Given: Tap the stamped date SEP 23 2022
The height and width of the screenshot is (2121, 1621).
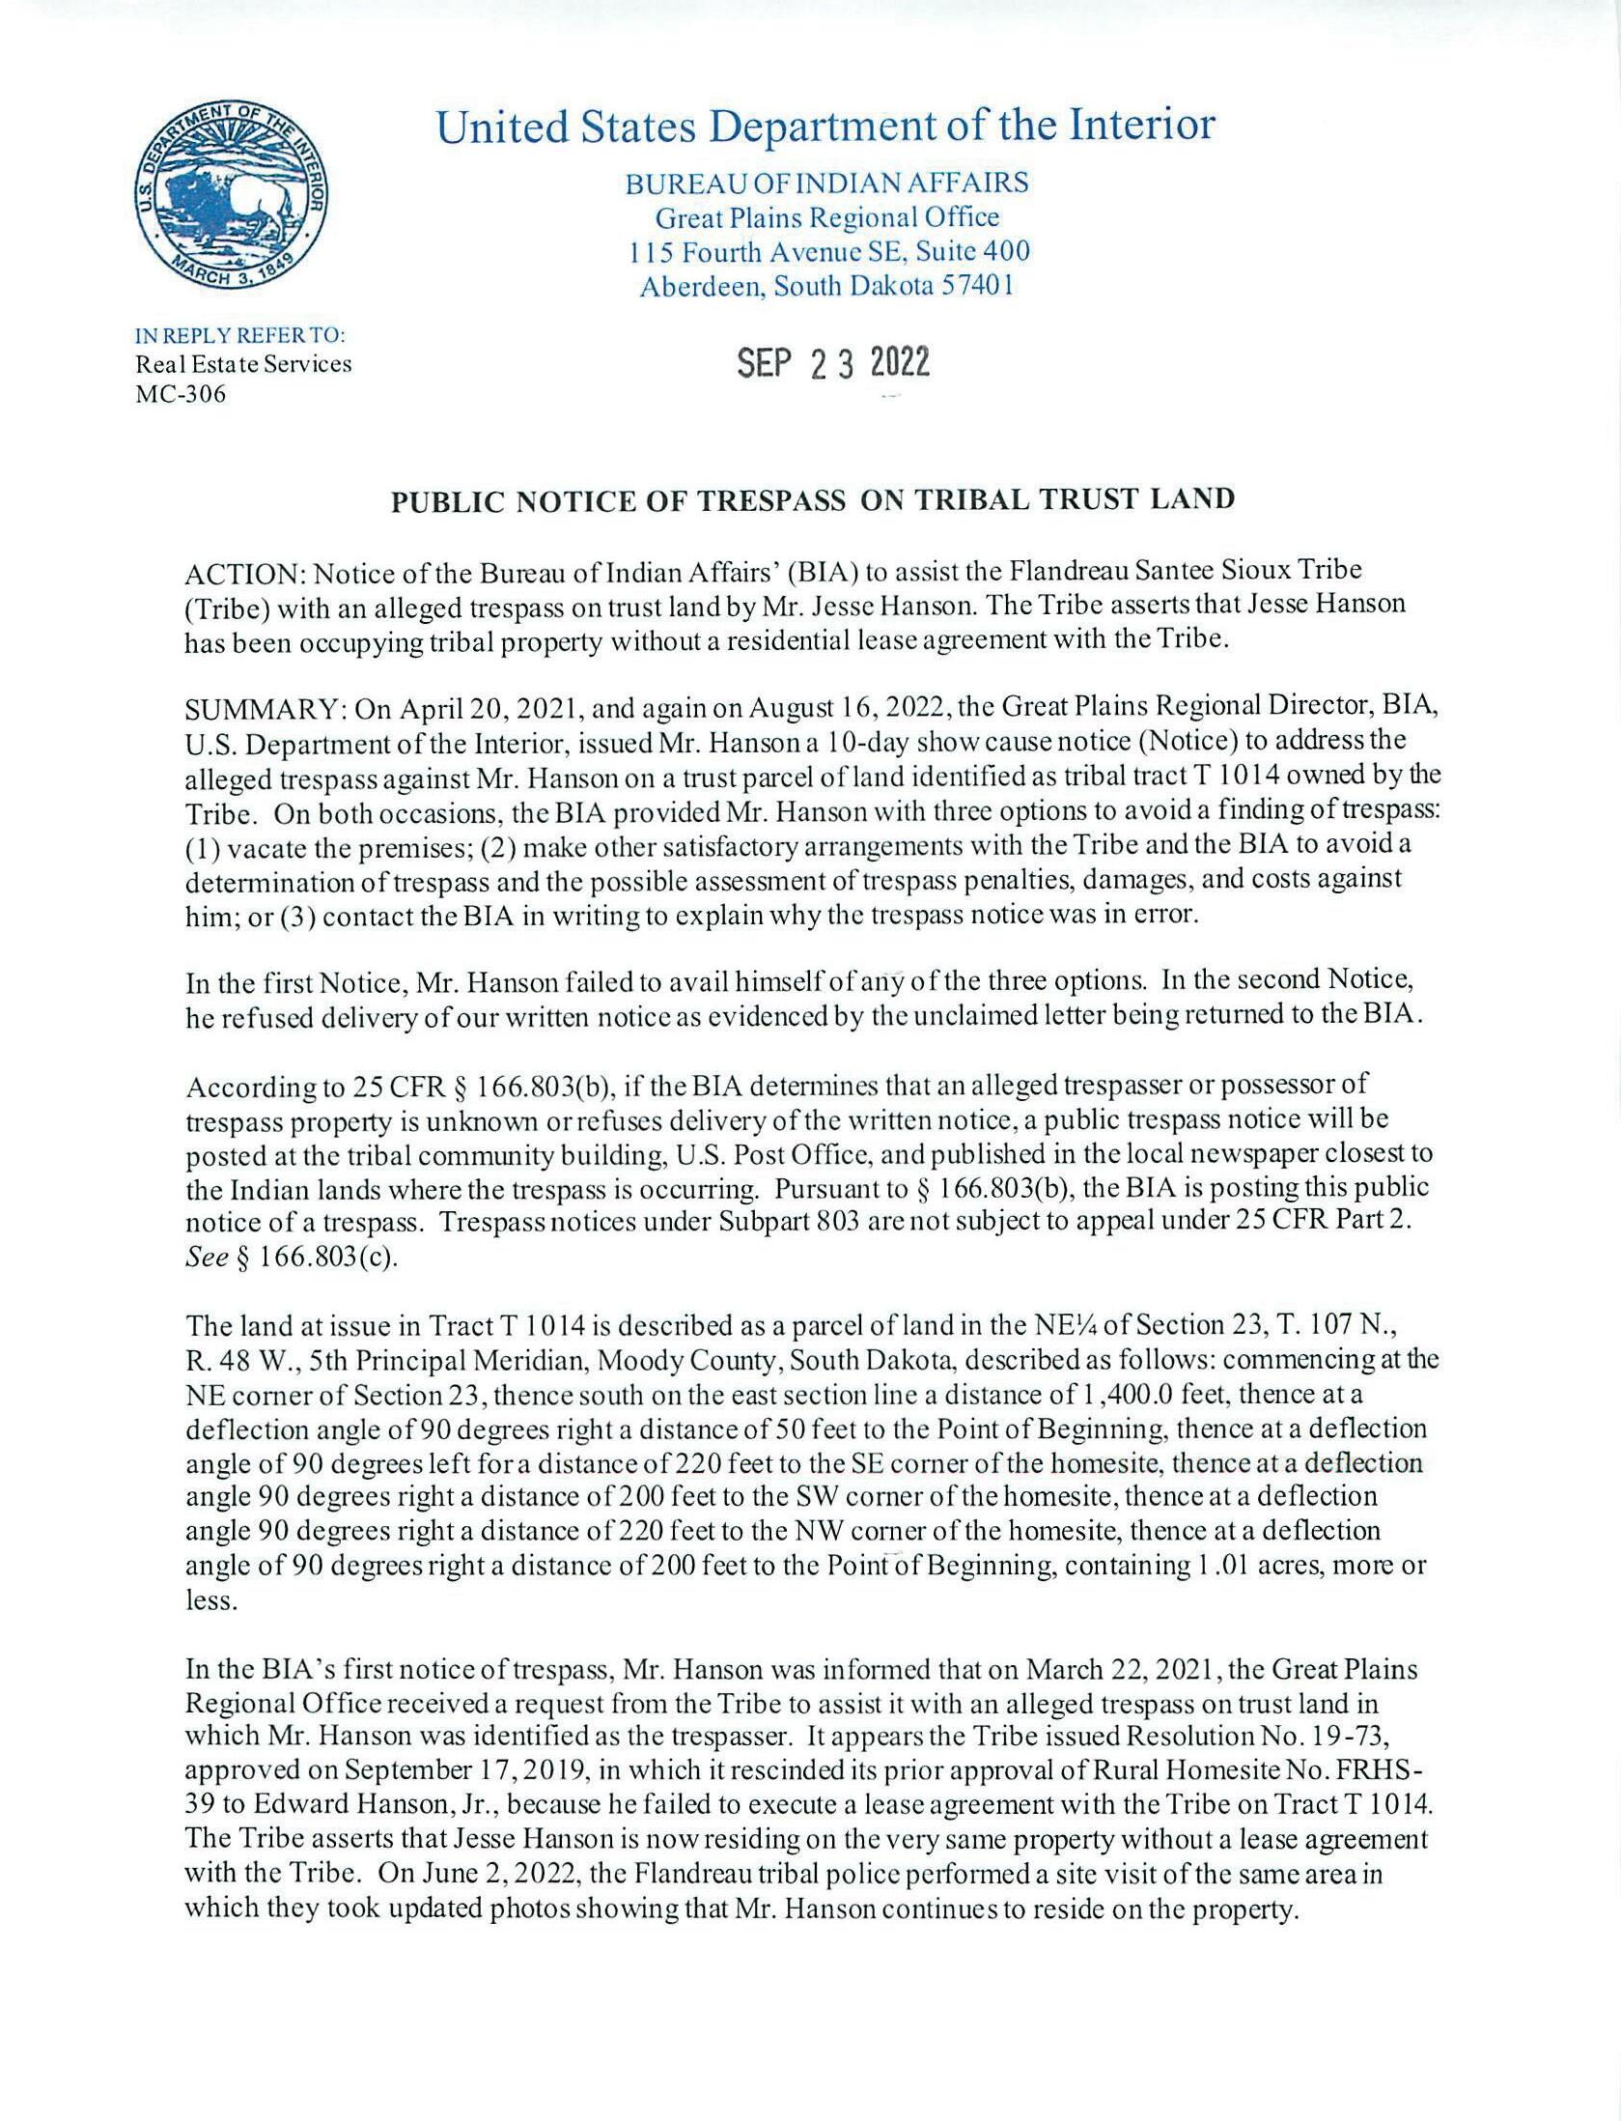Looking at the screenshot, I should [x=833, y=363].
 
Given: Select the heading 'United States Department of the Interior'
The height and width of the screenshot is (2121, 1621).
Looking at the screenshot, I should [x=825, y=127].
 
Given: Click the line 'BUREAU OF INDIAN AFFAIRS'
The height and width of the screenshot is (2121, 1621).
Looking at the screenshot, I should [x=826, y=183].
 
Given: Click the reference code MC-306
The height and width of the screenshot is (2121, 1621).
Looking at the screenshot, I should [x=181, y=394].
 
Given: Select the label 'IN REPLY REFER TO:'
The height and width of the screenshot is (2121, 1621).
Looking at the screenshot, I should [x=240, y=336].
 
